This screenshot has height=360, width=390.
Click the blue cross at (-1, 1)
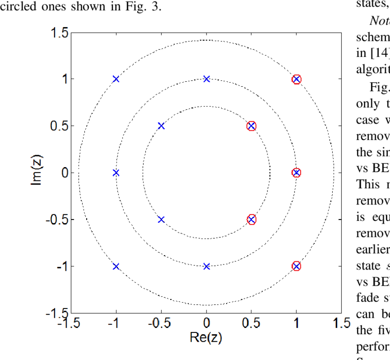pyautogui.click(x=116, y=79)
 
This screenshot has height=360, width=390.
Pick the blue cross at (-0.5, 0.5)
pyautogui.click(x=161, y=126)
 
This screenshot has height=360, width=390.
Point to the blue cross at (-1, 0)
pyautogui.click(x=116, y=173)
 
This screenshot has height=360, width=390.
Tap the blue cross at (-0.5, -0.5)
pyautogui.click(x=161, y=219)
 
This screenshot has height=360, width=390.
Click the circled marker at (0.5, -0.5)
pyautogui.click(x=251, y=219)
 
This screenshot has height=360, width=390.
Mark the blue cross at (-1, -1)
pyautogui.click(x=116, y=266)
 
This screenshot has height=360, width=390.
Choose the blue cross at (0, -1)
pyautogui.click(x=206, y=266)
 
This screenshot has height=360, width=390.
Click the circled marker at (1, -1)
pyautogui.click(x=296, y=266)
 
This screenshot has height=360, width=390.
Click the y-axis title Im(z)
pyautogui.click(x=39, y=173)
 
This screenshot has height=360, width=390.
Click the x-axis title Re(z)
pyautogui.click(x=206, y=338)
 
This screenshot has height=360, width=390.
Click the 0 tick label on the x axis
pyautogui.click(x=206, y=323)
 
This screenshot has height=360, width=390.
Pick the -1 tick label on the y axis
pyautogui.click(x=61, y=266)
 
